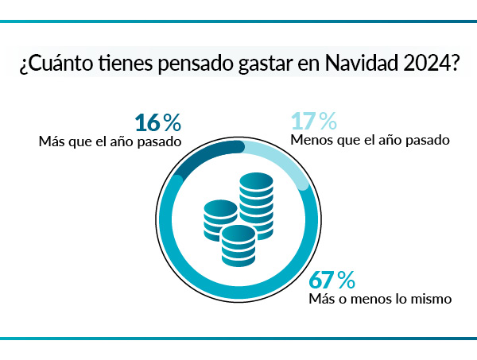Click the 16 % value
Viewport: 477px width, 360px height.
(x=158, y=122)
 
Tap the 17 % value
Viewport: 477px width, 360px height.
(x=314, y=122)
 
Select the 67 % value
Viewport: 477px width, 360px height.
(x=332, y=281)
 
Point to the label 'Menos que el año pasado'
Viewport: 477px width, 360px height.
(x=371, y=141)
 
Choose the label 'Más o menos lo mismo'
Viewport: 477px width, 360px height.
(x=380, y=300)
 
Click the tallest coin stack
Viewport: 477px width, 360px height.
(x=257, y=203)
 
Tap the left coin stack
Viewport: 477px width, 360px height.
(x=220, y=219)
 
